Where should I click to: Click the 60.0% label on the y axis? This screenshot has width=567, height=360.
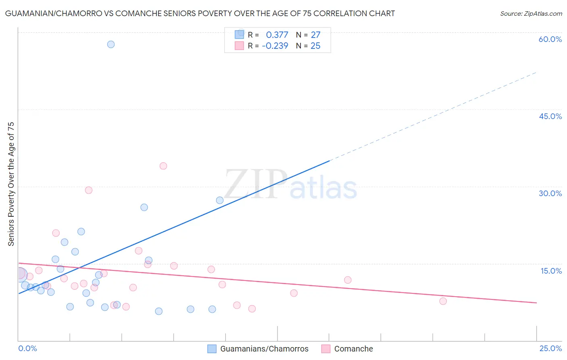pyautogui.click(x=550, y=39)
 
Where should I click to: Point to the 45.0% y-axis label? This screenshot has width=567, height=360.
pyautogui.click(x=550, y=116)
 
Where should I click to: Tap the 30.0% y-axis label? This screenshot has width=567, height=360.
pyautogui.click(x=550, y=193)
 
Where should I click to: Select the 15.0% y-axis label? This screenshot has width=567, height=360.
pyautogui.click(x=551, y=271)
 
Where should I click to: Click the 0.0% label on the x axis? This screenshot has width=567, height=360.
pyautogui.click(x=27, y=348)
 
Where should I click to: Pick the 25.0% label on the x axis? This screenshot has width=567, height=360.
pyautogui.click(x=550, y=348)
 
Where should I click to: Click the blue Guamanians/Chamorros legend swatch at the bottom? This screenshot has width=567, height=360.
pyautogui.click(x=212, y=349)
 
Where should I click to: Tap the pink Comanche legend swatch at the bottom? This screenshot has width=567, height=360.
pyautogui.click(x=326, y=349)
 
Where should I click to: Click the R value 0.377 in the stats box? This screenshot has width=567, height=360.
pyautogui.click(x=277, y=35)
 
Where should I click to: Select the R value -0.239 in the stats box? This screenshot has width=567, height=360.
pyautogui.click(x=275, y=46)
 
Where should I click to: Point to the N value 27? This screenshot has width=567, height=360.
pyautogui.click(x=315, y=35)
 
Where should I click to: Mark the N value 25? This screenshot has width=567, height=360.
pyautogui.click(x=315, y=46)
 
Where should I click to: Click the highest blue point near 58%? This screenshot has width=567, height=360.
pyautogui.click(x=111, y=44)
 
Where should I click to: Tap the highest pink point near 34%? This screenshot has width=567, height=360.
pyautogui.click(x=163, y=166)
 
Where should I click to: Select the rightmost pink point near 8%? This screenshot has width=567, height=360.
pyautogui.click(x=443, y=301)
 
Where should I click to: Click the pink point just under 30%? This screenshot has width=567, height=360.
pyautogui.click(x=89, y=190)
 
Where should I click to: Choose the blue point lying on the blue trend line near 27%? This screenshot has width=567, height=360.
pyautogui.click(x=220, y=200)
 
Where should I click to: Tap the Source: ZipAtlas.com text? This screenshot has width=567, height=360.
pyautogui.click(x=531, y=14)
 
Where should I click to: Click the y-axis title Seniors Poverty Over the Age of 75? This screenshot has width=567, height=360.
pyautogui.click(x=11, y=184)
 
